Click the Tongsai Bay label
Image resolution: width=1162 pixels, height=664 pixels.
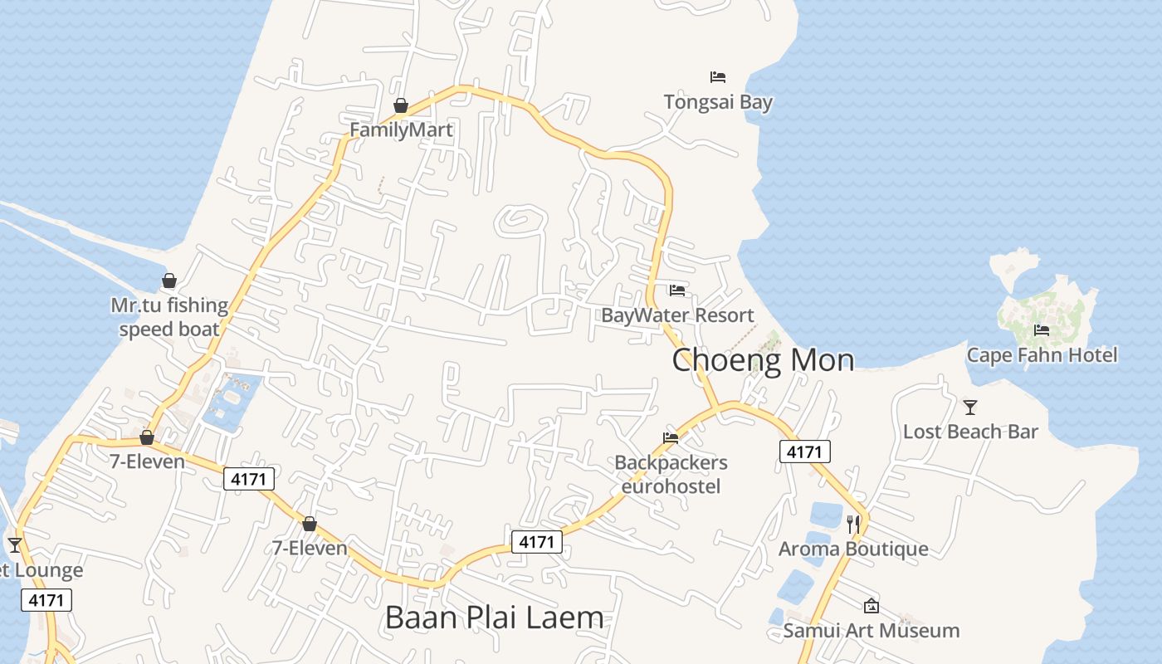tap(718, 102)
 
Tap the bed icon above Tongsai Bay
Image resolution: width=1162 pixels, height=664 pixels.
tap(718, 77)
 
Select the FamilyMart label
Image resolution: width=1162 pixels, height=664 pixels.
tap(401, 130)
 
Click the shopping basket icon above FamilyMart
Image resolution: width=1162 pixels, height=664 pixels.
tap(401, 105)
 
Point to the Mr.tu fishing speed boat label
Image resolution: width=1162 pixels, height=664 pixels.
tap(169, 317)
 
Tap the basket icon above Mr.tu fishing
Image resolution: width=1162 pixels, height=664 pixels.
tap(169, 281)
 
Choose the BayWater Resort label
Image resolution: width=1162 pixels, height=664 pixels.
tap(677, 315)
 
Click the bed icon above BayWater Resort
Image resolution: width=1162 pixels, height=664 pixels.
tap(677, 290)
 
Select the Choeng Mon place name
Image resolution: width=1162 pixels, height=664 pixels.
tap(763, 360)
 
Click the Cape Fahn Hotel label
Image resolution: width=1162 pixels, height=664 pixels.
tap(1042, 355)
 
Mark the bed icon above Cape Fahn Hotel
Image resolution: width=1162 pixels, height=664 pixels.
tap(1042, 330)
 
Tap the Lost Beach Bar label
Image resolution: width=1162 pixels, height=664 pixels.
tap(970, 432)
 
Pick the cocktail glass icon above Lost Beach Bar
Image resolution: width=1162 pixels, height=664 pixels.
tap(970, 407)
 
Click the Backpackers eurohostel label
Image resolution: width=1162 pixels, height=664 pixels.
tap(671, 474)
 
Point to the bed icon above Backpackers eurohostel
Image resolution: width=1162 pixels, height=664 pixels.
tap(671, 437)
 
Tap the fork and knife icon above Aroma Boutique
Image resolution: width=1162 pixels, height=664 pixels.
tap(853, 524)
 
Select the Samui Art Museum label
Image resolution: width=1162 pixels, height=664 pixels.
tap(871, 631)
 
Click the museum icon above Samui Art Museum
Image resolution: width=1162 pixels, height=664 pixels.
tap(871, 606)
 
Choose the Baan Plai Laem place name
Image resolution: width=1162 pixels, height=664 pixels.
tap(495, 618)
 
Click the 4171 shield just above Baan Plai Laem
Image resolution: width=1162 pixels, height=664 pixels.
tap(536, 542)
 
